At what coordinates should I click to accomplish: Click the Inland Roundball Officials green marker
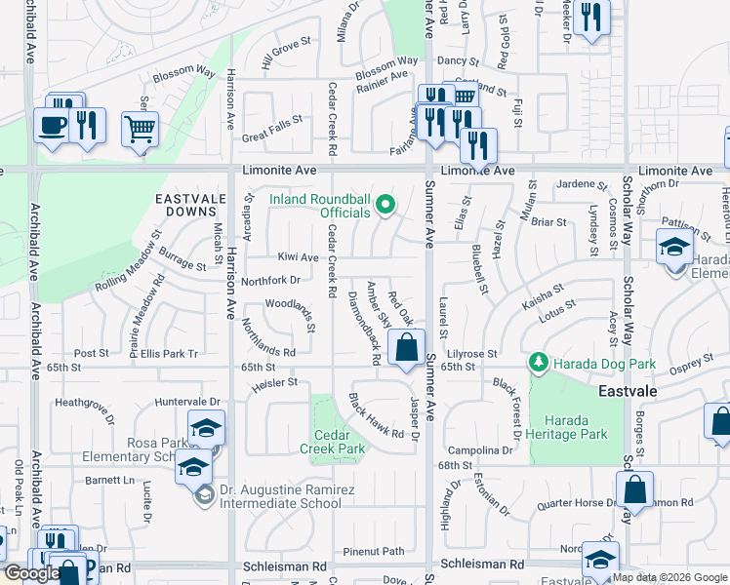tap(385, 204)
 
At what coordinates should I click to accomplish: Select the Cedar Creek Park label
tap(338, 442)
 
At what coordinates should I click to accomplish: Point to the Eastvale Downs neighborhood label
tap(184, 204)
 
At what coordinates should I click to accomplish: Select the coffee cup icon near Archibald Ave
tap(51, 125)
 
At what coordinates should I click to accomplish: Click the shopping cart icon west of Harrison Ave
tap(140, 128)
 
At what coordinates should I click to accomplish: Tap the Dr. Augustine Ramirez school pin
tap(205, 496)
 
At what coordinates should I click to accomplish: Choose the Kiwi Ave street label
tap(298, 257)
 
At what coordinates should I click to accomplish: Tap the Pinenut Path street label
tap(366, 551)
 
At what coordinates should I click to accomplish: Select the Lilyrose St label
tap(472, 353)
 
